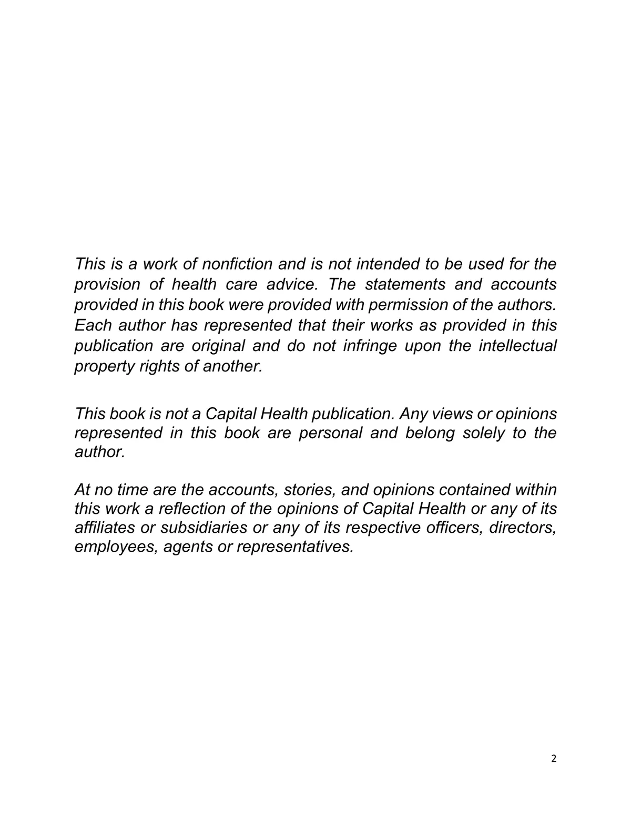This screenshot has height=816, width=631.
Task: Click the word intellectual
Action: pyautogui.click(x=517, y=346)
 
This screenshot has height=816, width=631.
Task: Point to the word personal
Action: pyautogui.click(x=330, y=433)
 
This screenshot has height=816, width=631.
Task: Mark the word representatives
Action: pyautogui.click(x=294, y=547)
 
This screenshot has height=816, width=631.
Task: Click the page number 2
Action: pyautogui.click(x=553, y=758)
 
